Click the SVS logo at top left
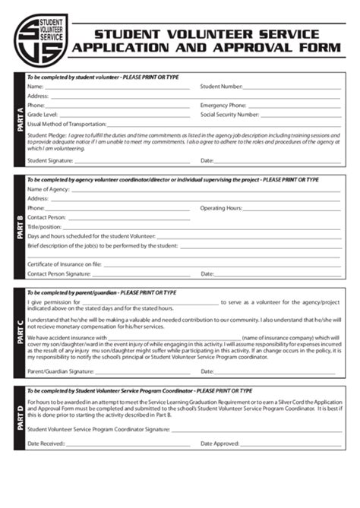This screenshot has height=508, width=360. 40,39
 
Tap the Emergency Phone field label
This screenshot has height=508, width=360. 223,105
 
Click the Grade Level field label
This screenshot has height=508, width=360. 43,114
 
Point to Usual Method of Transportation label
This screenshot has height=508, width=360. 68,123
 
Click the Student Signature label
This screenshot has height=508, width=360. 50,160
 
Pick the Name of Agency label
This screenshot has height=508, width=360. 49,188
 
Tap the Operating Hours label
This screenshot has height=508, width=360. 221,207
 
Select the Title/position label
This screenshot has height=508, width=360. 45,226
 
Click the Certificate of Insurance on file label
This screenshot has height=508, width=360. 65,263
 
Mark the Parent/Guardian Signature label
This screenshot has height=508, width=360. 61,371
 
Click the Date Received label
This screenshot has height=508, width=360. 46,443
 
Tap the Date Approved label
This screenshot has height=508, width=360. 219,443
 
